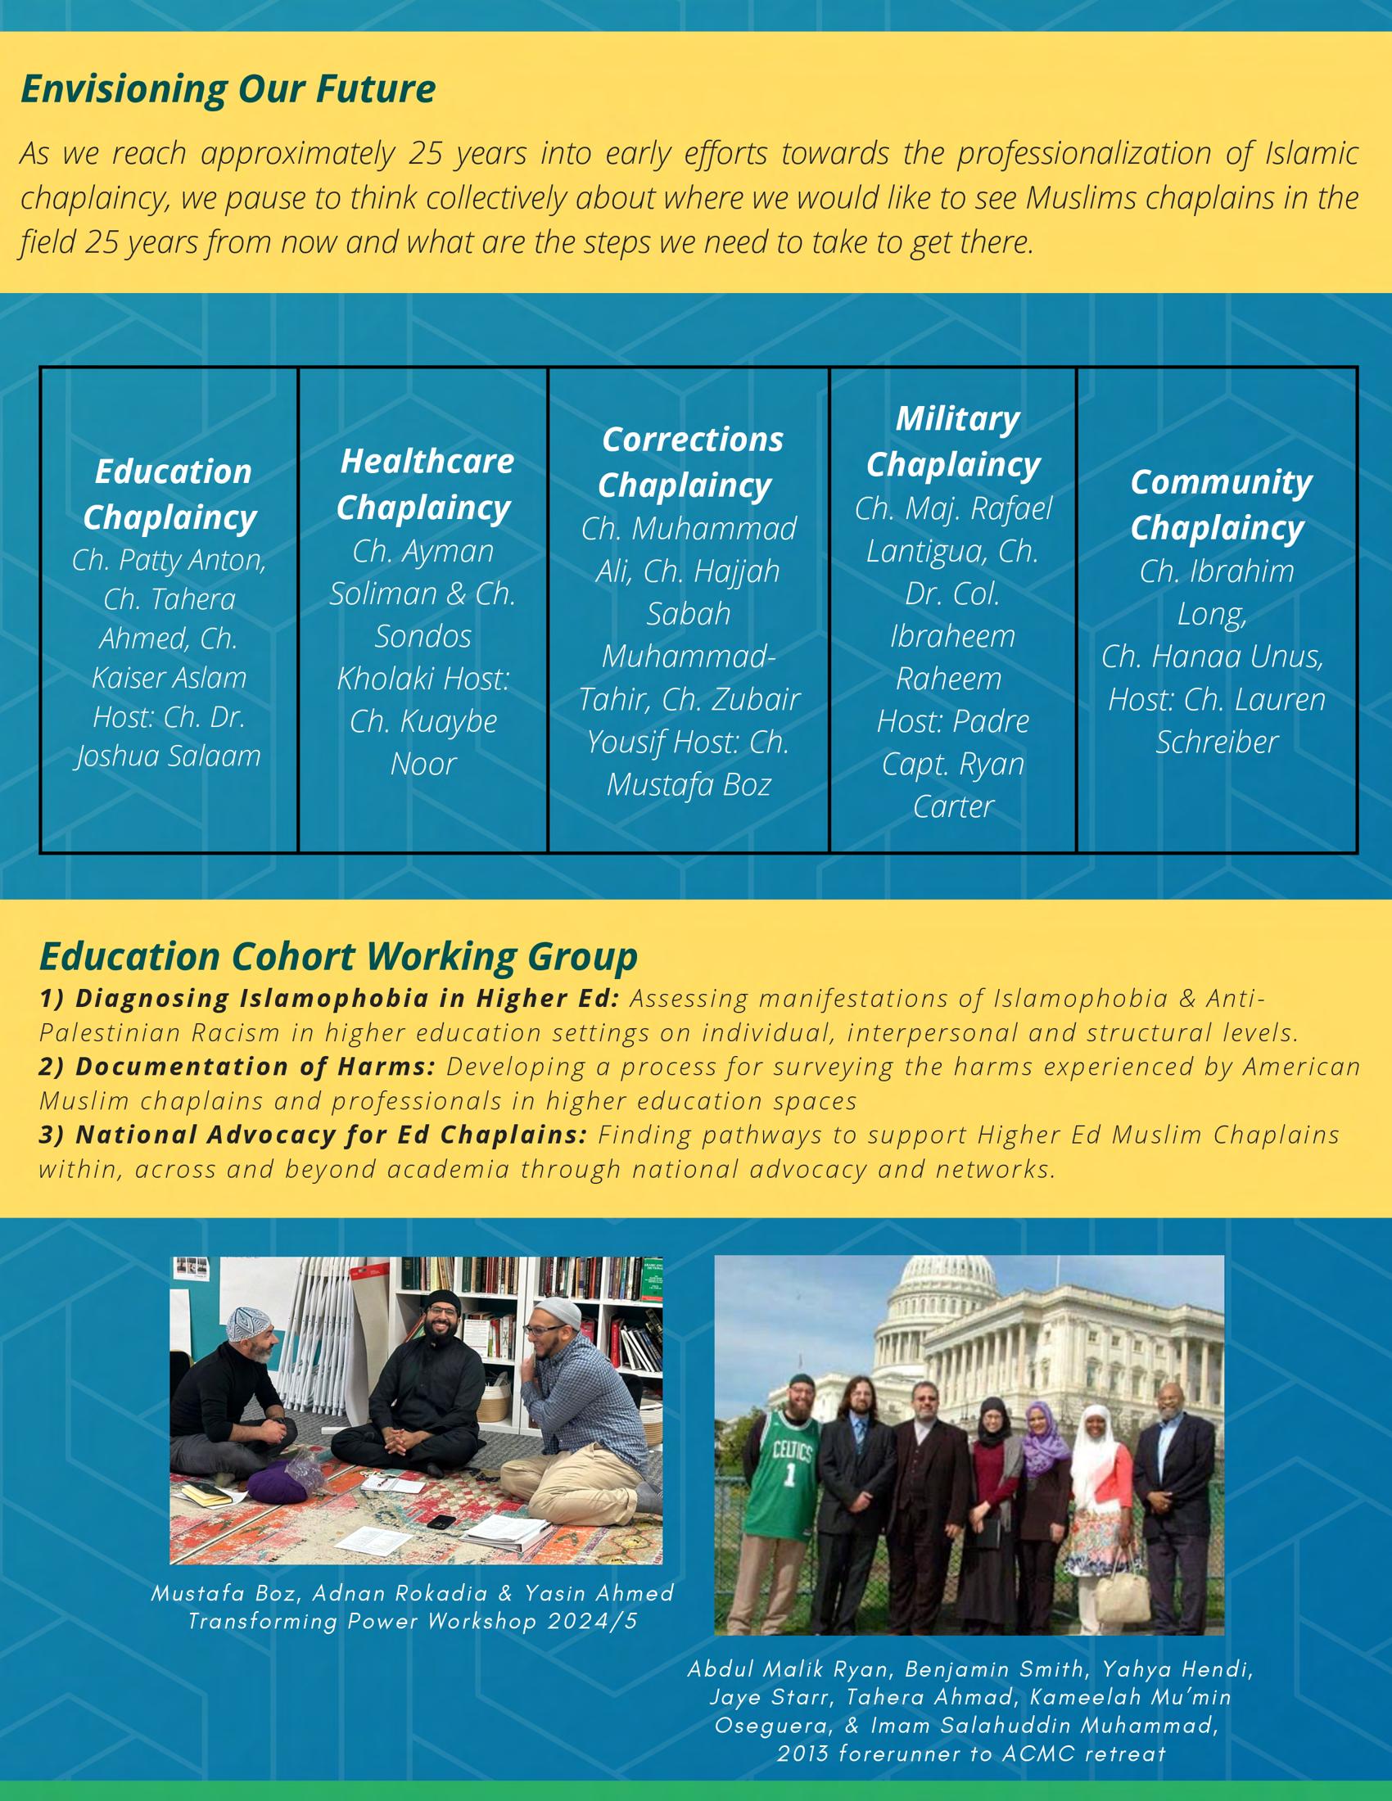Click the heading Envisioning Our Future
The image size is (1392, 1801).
click(228, 89)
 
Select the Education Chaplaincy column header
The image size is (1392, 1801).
click(170, 494)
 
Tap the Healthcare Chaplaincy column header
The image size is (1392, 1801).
click(425, 484)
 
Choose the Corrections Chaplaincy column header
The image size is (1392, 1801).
click(689, 463)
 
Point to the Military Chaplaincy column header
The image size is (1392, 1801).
click(954, 442)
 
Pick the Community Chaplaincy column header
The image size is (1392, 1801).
click(1219, 504)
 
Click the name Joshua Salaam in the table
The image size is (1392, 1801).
click(169, 756)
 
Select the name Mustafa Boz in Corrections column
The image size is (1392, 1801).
click(689, 784)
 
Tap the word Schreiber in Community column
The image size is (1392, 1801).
click(1216, 743)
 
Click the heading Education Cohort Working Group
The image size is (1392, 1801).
click(338, 956)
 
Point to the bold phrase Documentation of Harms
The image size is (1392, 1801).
click(237, 1066)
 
